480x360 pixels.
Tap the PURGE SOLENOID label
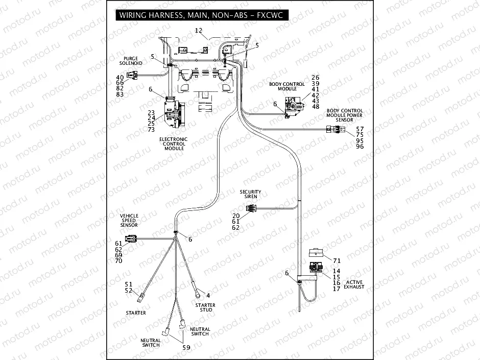pos(131,60)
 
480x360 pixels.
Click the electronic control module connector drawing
pos(173,113)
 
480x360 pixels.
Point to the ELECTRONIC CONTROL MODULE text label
pos(174,143)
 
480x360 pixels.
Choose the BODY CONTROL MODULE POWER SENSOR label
pos(345,115)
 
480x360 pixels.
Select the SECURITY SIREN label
pos(251,194)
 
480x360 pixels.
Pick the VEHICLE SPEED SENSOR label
pos(129,220)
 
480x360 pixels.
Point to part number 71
pos(337,260)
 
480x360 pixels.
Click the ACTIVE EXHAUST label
pos(355,284)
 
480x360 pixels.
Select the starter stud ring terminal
pos(195,293)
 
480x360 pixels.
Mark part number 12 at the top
pos(199,31)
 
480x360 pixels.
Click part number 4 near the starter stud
pos(208,295)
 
